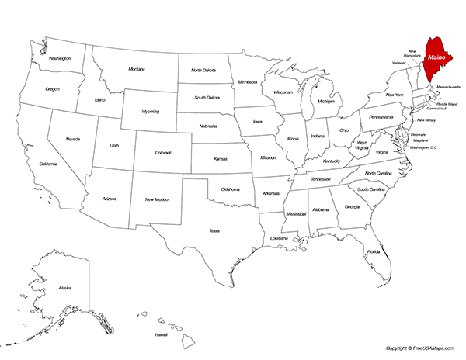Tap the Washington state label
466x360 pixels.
(x=60, y=58)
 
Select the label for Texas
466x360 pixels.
(x=214, y=230)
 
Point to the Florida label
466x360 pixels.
(x=374, y=251)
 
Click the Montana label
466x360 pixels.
(x=137, y=69)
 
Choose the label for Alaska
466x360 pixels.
(x=64, y=288)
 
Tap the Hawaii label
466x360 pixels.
(x=161, y=334)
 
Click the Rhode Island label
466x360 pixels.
(x=447, y=103)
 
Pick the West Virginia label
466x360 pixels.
(x=361, y=146)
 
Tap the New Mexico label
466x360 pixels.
(x=158, y=199)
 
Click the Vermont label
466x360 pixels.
(x=400, y=63)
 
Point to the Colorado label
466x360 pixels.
(x=163, y=153)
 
